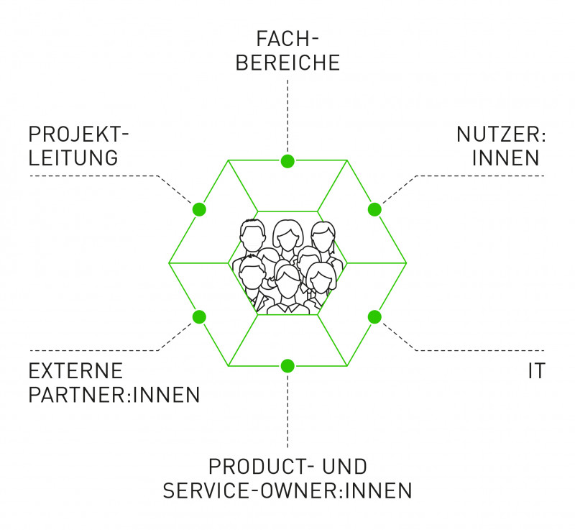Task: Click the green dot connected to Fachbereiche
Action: [x=287, y=160]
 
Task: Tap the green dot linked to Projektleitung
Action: [x=199, y=209]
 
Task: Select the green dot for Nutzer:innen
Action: [x=374, y=209]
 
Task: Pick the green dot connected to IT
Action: [x=374, y=316]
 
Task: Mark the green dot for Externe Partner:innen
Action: [x=199, y=316]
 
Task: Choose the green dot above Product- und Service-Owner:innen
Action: [x=287, y=365]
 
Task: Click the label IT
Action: [x=536, y=371]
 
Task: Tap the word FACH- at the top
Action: [x=287, y=37]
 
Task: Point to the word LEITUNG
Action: [x=73, y=157]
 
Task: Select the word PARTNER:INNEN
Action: [x=114, y=395]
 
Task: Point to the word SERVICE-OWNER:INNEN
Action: [x=287, y=490]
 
